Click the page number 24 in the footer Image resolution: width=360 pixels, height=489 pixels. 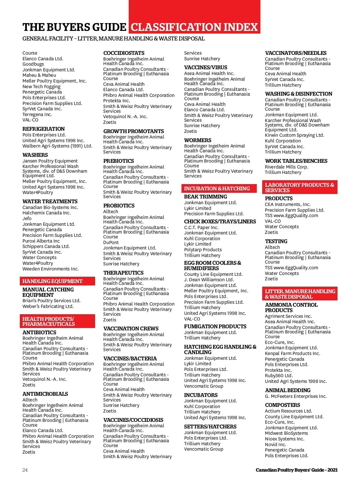[x=25, y=470]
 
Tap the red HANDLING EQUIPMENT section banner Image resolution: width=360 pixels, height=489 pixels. [x=57, y=281]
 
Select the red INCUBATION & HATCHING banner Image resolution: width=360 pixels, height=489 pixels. [x=219, y=188]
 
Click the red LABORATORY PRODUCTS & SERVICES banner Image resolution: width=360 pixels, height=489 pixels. [x=299, y=187]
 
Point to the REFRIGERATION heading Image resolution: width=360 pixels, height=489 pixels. [x=43, y=129]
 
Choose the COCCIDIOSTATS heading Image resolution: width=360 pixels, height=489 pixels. [x=124, y=53]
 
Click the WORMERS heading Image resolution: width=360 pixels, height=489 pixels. [x=198, y=140]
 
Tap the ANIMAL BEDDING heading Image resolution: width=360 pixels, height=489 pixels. [x=288, y=390]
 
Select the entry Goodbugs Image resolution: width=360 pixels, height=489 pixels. [x=33, y=64]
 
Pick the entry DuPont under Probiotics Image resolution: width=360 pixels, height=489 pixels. [x=111, y=243]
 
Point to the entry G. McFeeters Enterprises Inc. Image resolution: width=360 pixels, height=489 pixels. [x=296, y=396]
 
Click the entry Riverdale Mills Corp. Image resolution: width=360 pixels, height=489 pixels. [x=286, y=167]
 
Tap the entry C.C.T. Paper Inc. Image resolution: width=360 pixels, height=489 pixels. [x=201, y=228]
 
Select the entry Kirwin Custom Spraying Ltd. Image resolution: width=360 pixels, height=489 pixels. [x=294, y=135]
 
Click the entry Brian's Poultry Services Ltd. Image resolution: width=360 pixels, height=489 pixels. [x=52, y=301]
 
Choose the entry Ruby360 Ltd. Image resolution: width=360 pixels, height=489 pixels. [x=279, y=376]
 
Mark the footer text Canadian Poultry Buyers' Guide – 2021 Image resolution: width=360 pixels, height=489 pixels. [x=296, y=470]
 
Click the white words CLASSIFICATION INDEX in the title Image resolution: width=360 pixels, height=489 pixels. [x=194, y=27]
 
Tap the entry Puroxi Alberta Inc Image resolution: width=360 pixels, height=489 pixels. [x=41, y=241]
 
